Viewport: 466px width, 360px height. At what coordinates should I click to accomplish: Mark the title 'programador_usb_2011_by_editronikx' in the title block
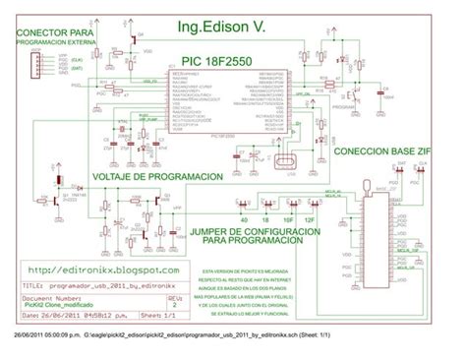click(x=106, y=282)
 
